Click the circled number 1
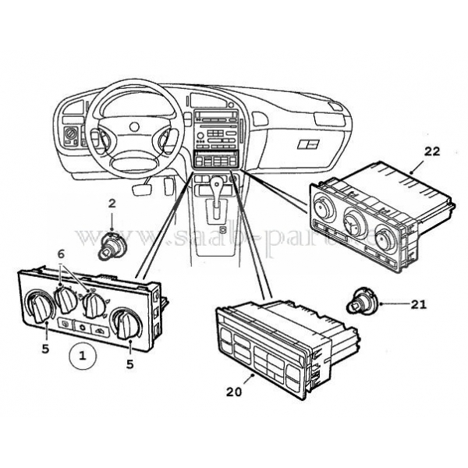point(82,357)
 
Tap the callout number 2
point(112,204)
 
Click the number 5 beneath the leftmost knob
point(44,349)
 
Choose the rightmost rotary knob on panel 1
point(122,321)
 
